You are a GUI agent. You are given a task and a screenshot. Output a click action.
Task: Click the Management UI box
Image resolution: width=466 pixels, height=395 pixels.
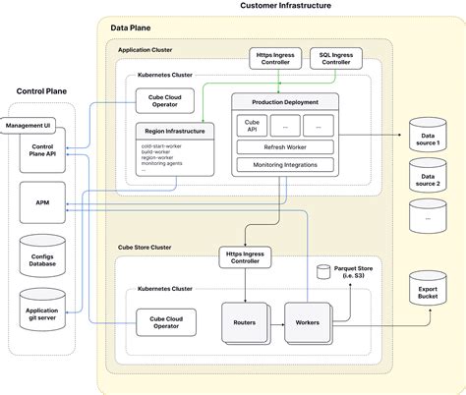coord(29,126)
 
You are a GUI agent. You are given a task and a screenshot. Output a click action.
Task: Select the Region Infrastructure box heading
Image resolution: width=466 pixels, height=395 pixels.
coord(174,132)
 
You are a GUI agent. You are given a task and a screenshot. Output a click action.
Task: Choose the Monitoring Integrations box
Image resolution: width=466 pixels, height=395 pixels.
coord(283,166)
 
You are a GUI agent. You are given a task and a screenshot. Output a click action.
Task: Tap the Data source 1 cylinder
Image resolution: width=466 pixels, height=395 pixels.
coord(426,139)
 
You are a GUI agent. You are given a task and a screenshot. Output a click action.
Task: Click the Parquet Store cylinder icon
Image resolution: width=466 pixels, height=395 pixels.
coord(323,270)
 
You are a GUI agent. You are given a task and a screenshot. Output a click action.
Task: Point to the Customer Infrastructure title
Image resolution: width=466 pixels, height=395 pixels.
coord(286,7)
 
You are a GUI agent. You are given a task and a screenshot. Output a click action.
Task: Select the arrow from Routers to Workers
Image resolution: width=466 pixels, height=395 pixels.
coord(276,321)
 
